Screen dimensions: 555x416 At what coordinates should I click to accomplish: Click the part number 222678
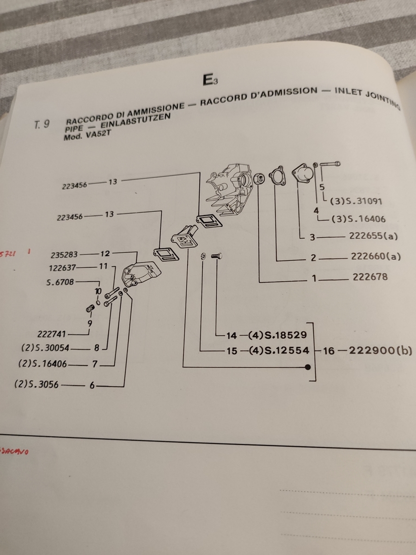(x=370, y=277)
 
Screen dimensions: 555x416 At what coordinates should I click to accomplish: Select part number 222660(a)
(x=375, y=257)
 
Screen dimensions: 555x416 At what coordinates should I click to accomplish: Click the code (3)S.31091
(x=355, y=202)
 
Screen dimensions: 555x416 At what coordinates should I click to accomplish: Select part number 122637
(x=64, y=267)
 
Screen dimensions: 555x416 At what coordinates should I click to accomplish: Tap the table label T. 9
(x=42, y=125)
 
